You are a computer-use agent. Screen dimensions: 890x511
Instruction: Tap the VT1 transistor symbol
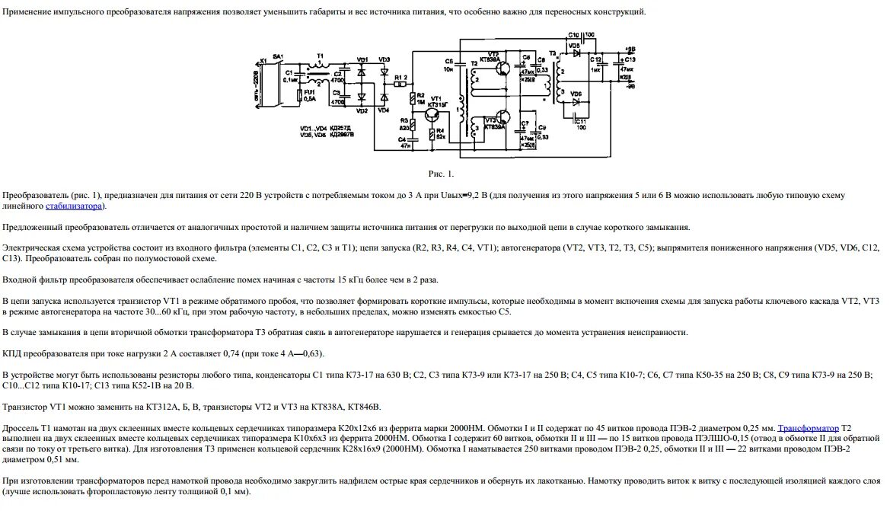point(432,114)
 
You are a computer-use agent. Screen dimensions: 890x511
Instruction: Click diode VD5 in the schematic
point(576,53)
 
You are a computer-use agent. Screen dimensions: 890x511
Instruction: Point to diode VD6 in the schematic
point(576,101)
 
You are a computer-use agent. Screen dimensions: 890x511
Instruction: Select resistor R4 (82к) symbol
point(432,135)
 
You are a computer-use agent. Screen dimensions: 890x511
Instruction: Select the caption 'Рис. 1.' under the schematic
point(441,174)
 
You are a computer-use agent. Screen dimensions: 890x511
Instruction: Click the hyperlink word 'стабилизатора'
point(73,206)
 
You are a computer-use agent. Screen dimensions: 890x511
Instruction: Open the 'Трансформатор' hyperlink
point(808,428)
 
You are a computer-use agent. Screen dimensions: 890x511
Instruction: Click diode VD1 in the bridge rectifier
point(362,72)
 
